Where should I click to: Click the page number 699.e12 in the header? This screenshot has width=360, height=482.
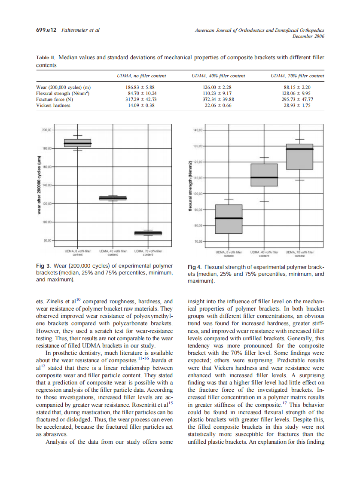point(44,31)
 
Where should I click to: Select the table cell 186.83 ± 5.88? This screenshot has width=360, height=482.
point(141,87)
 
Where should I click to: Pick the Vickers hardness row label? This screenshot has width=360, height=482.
point(53,105)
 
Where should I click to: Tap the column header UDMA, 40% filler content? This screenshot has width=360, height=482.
point(218,76)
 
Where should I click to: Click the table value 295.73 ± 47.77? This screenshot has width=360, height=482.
point(297,99)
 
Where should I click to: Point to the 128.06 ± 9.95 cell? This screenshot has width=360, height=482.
point(297,93)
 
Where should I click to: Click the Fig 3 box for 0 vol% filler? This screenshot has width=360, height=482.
point(78,143)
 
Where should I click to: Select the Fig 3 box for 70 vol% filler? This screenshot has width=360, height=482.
point(148,233)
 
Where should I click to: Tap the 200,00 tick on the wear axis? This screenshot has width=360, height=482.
point(46,129)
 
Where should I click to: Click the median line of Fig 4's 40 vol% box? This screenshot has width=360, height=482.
point(264,177)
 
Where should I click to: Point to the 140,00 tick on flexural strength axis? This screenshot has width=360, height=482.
point(198,130)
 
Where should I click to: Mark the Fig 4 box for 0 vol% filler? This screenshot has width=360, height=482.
point(229,219)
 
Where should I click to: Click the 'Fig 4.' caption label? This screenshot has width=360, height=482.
point(195,267)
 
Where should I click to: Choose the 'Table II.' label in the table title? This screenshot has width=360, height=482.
point(45,57)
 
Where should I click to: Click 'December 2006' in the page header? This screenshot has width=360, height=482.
point(308,37)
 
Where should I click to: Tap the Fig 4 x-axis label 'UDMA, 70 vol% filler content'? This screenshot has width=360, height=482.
point(299,254)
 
